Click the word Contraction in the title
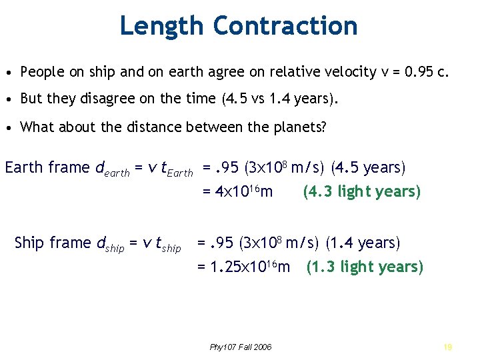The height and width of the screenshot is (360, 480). (x=285, y=26)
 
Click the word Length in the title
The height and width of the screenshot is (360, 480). (x=163, y=26)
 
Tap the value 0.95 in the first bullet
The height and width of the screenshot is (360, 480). (x=415, y=72)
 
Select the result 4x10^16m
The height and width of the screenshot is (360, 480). (x=237, y=192)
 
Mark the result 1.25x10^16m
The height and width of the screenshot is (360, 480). (x=244, y=267)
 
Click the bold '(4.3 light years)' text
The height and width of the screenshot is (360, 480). (x=362, y=192)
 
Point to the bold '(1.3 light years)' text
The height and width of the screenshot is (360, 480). (x=365, y=267)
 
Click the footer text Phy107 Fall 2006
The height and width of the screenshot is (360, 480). (x=241, y=347)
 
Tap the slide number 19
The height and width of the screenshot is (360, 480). (x=447, y=347)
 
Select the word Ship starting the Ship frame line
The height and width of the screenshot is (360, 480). (x=28, y=243)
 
